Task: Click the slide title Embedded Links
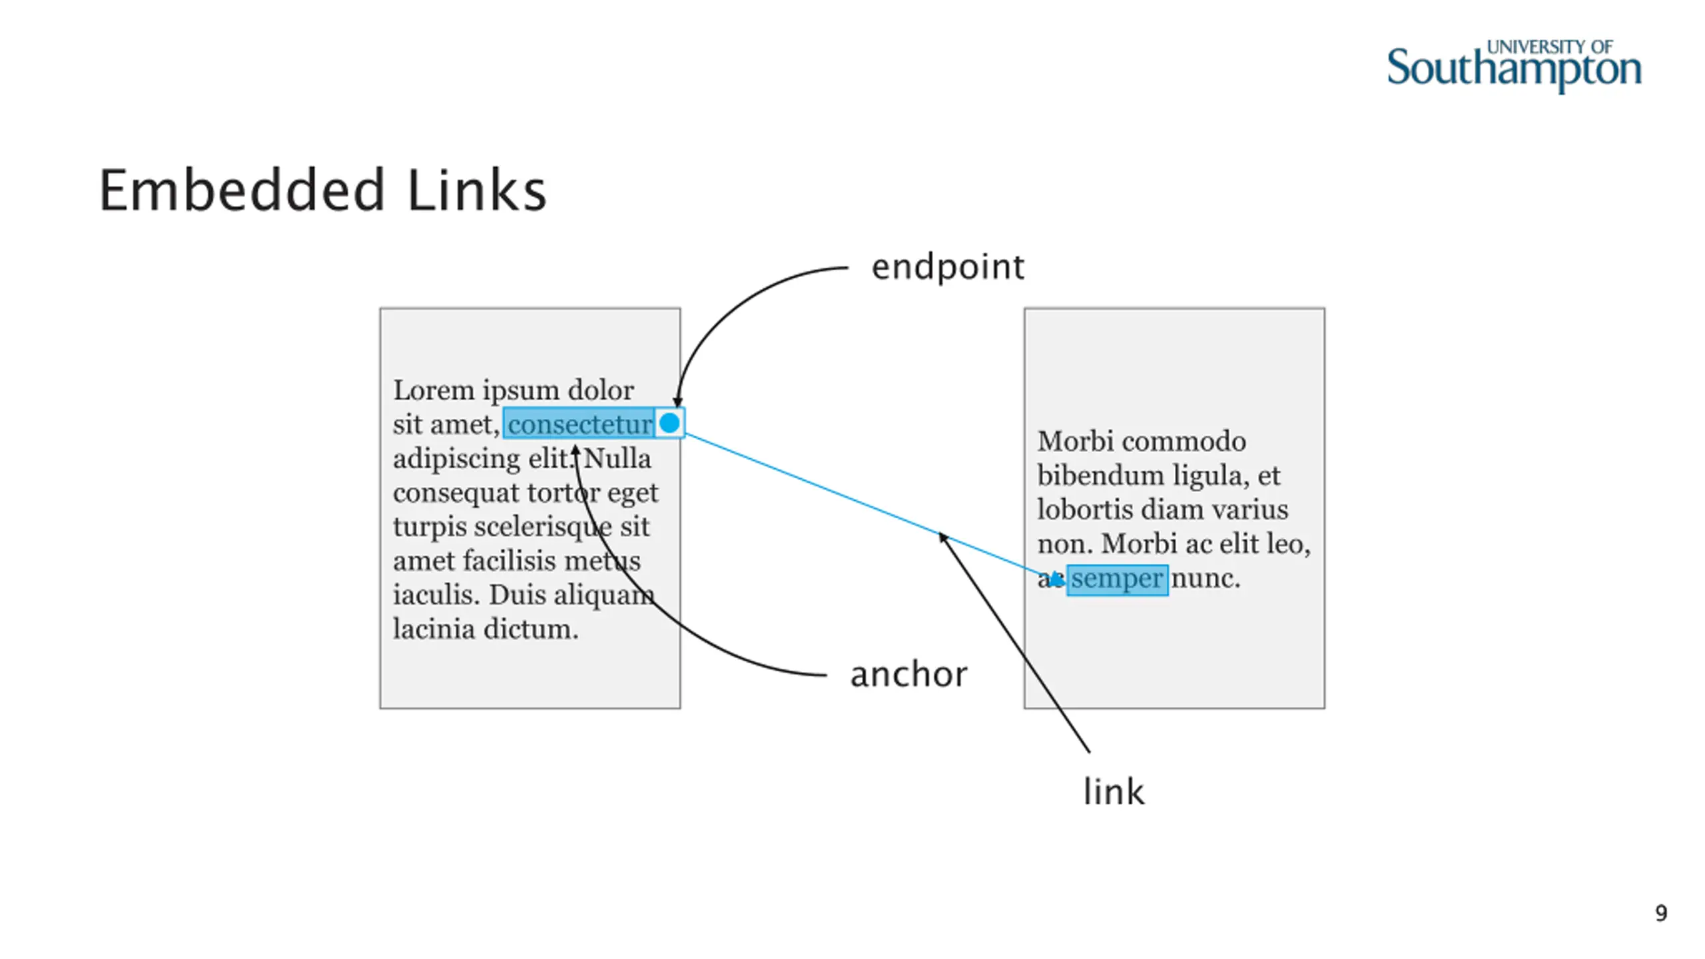coord(323,191)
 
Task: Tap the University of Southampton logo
coord(1513,67)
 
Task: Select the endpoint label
coord(948,268)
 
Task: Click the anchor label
coord(908,675)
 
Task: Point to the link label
coord(1114,792)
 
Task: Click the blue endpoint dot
coord(669,423)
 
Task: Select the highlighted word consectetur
coord(579,424)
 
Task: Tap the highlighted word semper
coord(1117,579)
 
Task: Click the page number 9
coord(1661,913)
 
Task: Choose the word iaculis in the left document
coord(436,595)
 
